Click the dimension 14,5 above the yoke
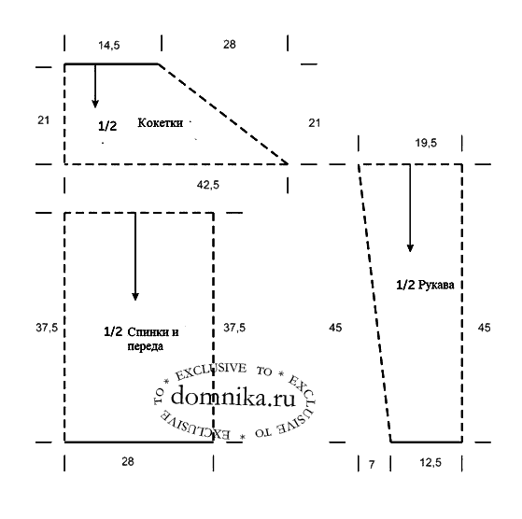point(109,45)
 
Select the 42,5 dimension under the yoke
point(208,185)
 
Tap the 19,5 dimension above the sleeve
point(426,143)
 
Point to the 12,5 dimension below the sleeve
point(430,462)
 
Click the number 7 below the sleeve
point(372,464)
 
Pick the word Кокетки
point(160,123)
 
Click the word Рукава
point(436,285)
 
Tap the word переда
point(146,346)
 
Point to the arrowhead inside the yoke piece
point(95,104)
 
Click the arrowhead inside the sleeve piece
point(410,247)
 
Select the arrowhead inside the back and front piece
point(135,296)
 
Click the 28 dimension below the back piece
point(128,461)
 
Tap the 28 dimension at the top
point(230,44)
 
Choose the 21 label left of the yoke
point(43,120)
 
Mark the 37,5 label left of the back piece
point(47,328)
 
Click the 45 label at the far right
point(484,328)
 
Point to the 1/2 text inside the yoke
point(107,126)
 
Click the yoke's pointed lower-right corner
point(288,163)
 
